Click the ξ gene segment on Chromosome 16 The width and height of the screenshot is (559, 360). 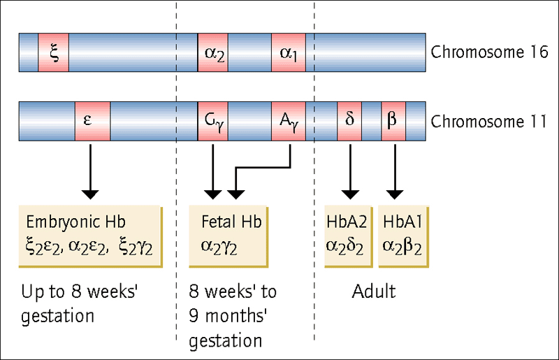pos(54,52)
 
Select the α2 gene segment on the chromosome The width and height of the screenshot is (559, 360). pos(213,52)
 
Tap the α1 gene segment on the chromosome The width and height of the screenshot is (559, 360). pos(289,52)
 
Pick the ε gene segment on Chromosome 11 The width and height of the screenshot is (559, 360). pos(92,122)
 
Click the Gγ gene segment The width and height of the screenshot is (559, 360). pos(213,122)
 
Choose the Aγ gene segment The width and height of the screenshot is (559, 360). pos(289,122)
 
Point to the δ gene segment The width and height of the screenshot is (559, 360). pos(349,122)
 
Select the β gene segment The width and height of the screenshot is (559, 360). pos(393,122)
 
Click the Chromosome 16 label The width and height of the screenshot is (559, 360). pos(489,52)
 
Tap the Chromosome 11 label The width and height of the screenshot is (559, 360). pos(488,122)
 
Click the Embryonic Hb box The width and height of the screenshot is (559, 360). pos(91,236)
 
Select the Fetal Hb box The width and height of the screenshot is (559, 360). pos(228,236)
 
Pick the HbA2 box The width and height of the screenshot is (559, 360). pos(348,236)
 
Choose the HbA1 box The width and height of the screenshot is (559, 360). pos(403,236)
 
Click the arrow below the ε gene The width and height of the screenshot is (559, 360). pos(90,172)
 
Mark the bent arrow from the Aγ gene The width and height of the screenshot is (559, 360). pos(263,167)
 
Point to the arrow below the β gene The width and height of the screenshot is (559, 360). pos(395,172)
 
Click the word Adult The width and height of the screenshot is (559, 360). pos(374,291)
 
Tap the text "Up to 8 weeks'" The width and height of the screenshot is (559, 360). pos(79,292)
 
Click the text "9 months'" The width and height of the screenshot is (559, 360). pos(228,316)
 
